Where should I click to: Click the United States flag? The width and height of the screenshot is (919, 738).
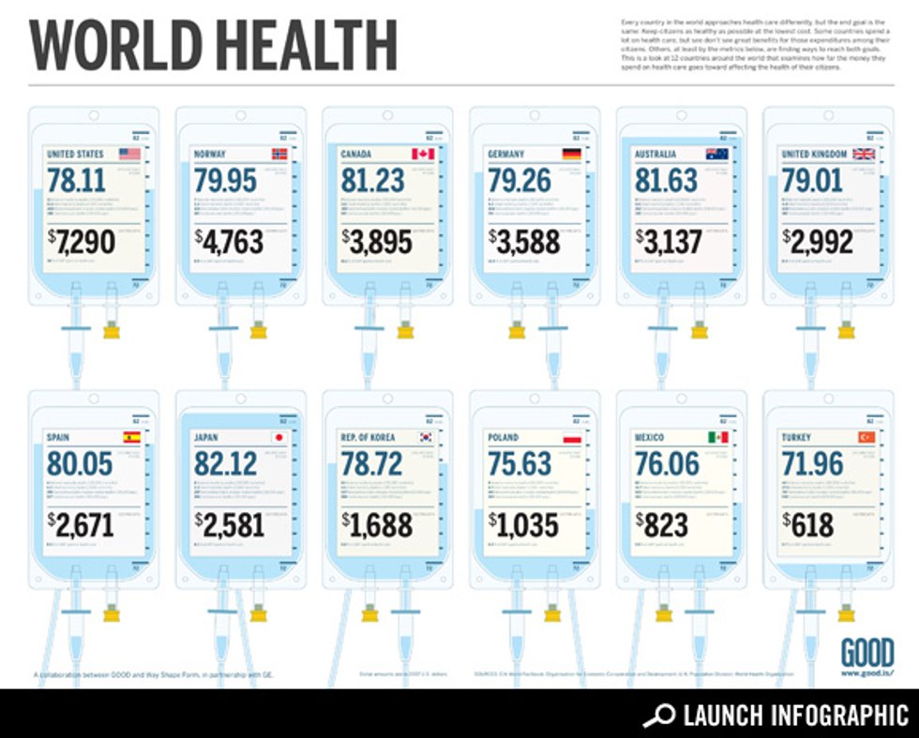[128, 154]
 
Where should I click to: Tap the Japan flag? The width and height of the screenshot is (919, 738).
[277, 437]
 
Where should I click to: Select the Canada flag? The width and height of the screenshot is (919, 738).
[423, 154]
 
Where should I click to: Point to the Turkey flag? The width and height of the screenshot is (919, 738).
[864, 437]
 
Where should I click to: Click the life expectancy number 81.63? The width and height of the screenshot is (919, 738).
[667, 180]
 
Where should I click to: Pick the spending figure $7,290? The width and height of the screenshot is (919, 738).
[82, 242]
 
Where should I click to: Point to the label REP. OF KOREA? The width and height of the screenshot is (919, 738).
[368, 437]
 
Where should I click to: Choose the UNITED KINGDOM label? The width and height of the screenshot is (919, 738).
[814, 154]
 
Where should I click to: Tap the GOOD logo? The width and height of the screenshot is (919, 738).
[866, 653]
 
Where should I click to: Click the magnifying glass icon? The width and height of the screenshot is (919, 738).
[659, 715]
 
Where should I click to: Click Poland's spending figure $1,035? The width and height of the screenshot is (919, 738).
[523, 524]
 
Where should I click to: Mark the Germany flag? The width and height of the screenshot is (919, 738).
[570, 154]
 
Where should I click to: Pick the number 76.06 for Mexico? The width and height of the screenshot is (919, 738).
[667, 463]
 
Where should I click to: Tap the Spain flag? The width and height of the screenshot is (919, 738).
[130, 437]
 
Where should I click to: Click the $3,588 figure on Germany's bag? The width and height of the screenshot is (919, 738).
[523, 242]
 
